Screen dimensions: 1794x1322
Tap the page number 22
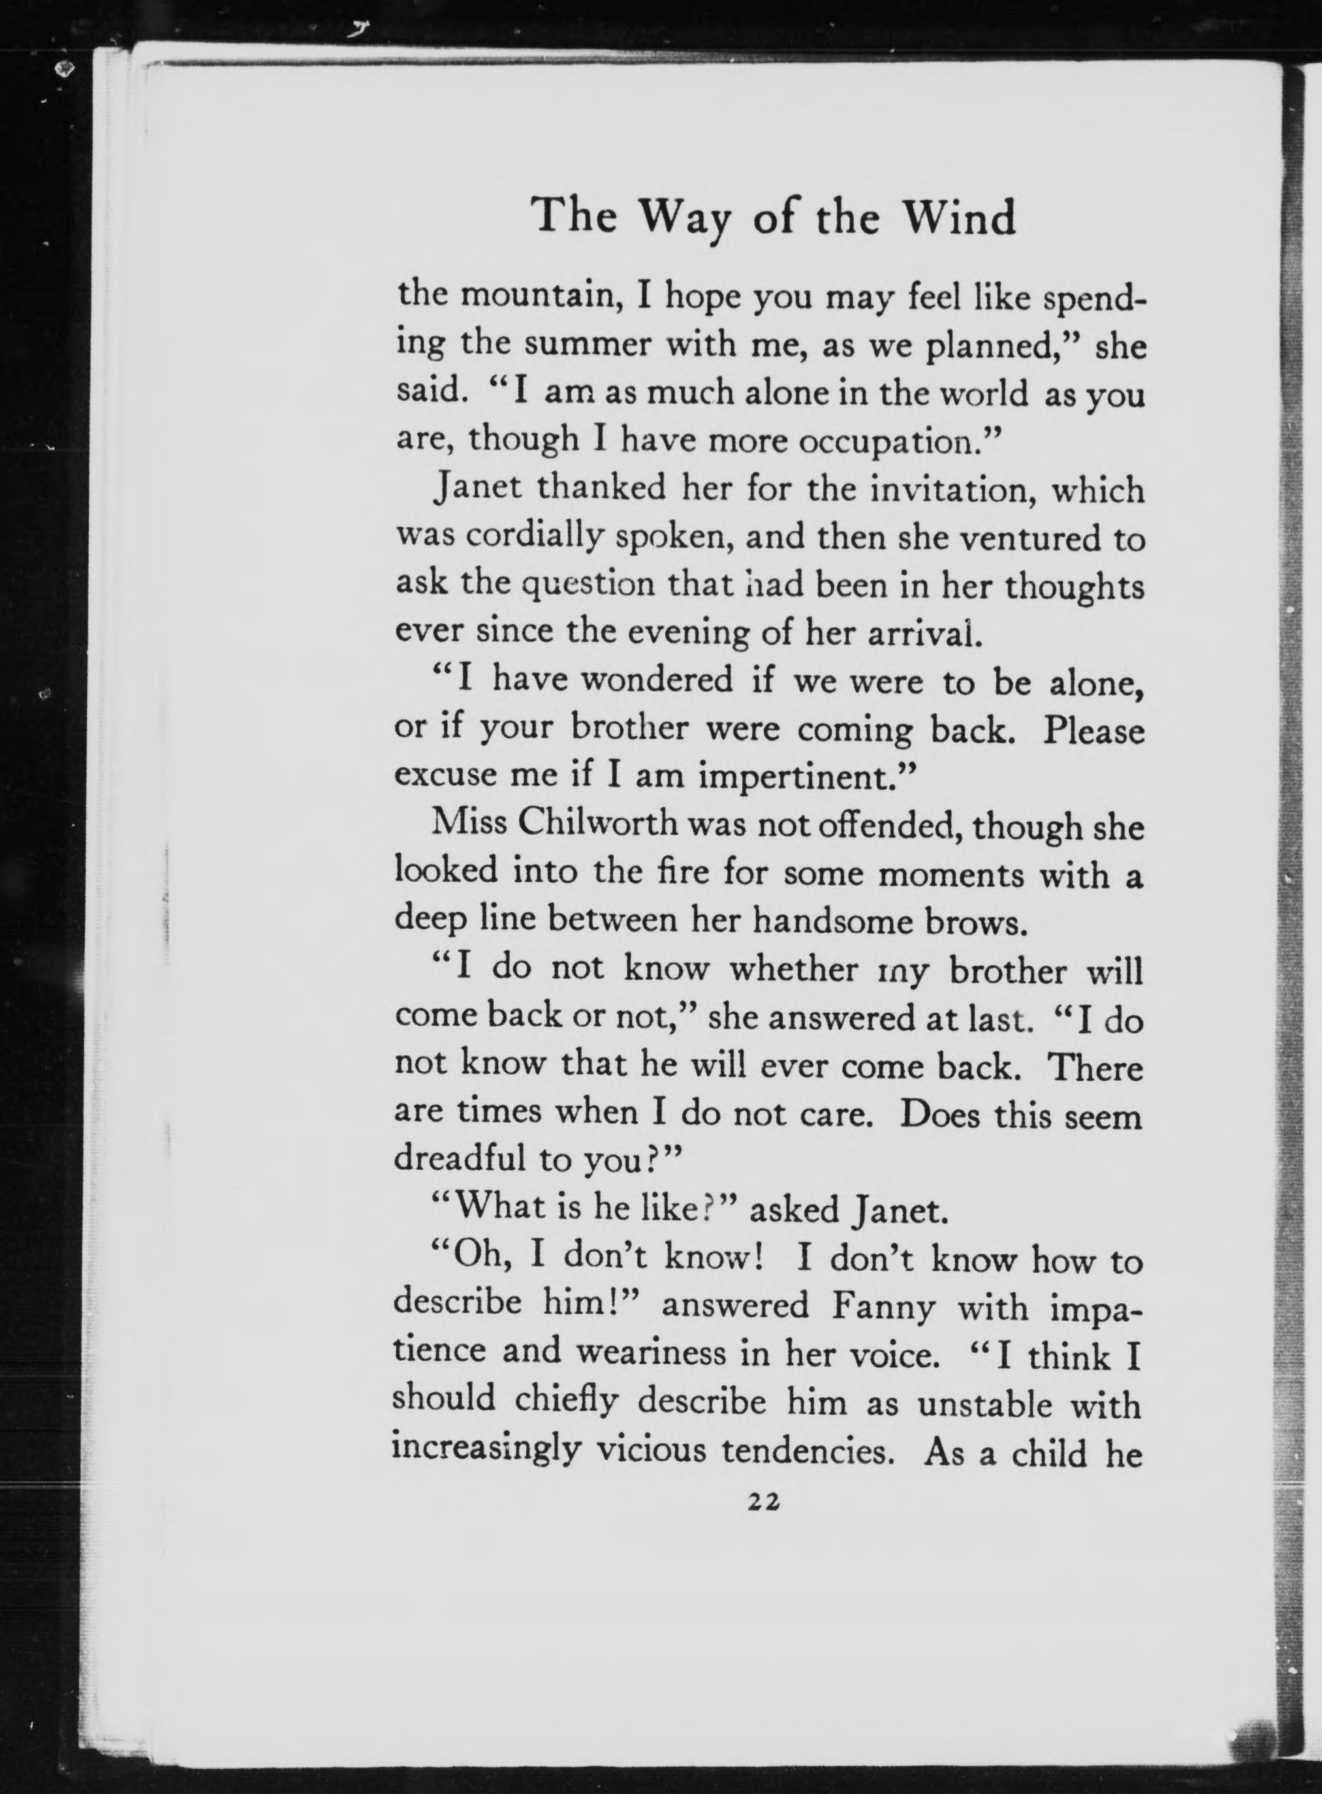click(763, 1503)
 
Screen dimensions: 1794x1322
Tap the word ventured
click(1028, 538)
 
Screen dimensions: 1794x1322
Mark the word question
click(588, 585)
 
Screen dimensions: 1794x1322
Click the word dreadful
click(460, 1159)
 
